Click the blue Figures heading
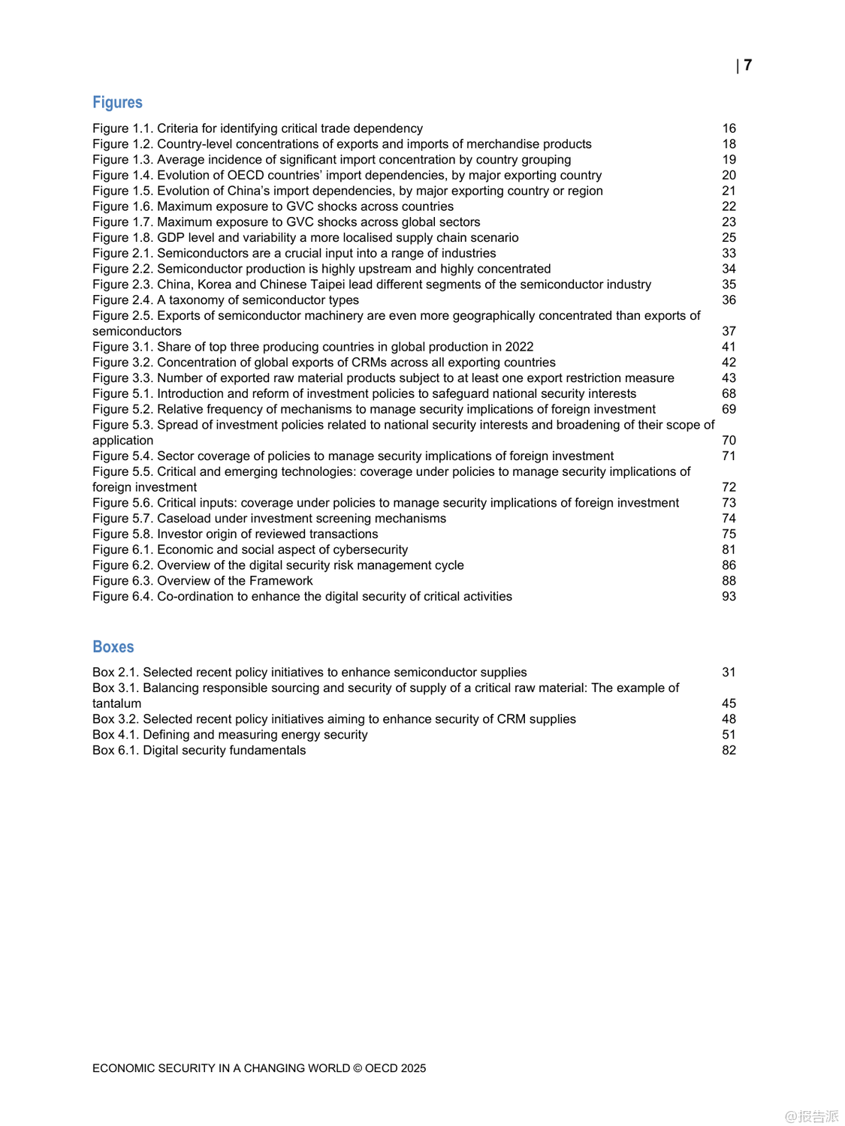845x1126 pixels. tap(117, 102)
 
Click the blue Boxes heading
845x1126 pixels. tap(113, 647)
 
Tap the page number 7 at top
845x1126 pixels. tap(747, 65)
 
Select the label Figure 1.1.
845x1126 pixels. tap(122, 128)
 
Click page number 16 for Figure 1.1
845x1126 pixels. tap(729, 128)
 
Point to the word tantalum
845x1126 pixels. tap(116, 703)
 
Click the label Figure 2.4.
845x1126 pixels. tap(122, 300)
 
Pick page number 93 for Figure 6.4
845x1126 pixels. tap(729, 597)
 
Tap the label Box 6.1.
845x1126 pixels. tap(116, 751)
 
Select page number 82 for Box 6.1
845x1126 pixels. tap(729, 751)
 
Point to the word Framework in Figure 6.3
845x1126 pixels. tap(283, 581)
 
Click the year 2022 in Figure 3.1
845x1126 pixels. tap(519, 347)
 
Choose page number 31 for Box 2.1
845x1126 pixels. tap(729, 673)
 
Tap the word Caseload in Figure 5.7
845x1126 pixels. tap(184, 519)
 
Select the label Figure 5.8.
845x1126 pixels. tap(122, 534)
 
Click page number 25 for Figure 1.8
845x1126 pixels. tap(729, 238)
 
